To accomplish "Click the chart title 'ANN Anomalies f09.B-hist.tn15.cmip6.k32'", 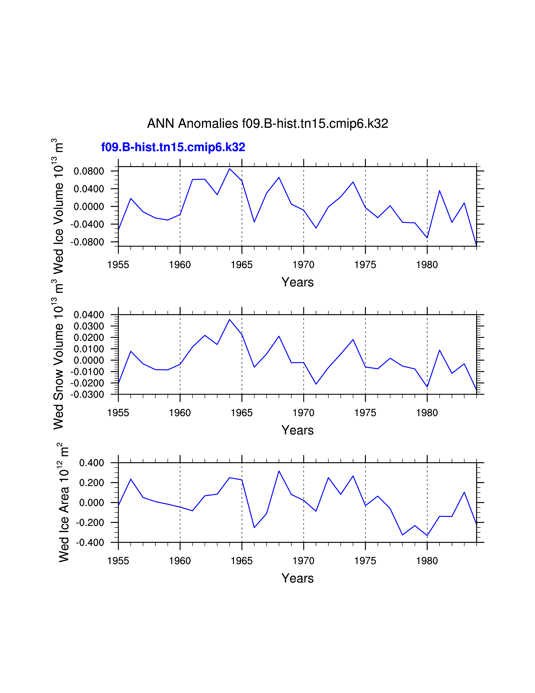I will [267, 123].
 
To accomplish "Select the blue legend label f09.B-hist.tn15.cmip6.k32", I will [173, 147].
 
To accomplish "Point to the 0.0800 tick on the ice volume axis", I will [89, 171].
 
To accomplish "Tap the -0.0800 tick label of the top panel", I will [87, 242].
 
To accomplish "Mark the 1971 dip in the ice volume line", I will [316, 228].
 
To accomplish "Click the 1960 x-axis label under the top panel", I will [180, 265].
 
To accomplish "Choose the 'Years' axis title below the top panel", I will [297, 282].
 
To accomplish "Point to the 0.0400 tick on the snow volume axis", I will [89, 315].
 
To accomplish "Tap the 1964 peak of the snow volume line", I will [230, 320].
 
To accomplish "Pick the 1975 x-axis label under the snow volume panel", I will [365, 413].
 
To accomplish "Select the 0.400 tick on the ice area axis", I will [92, 463].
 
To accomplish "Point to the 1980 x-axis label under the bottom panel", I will [427, 561].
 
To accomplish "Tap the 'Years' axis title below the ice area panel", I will [297, 578].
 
